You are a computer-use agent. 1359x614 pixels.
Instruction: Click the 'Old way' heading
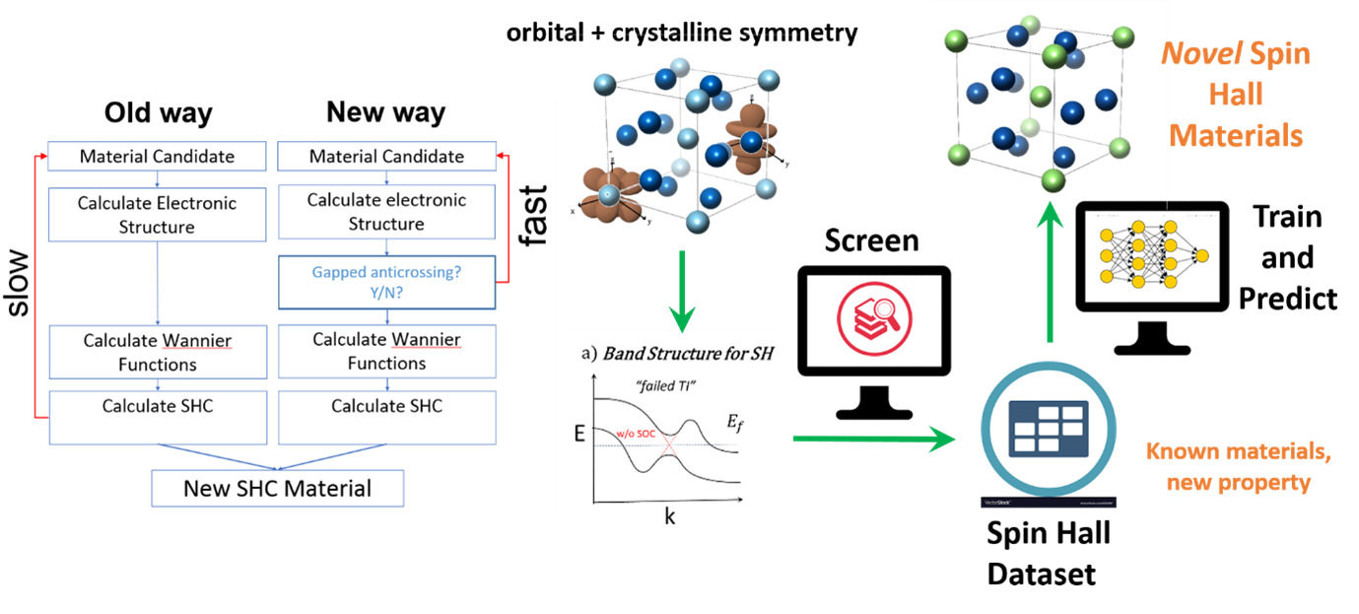pos(158,112)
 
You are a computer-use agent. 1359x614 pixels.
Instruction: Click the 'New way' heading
pos(385,112)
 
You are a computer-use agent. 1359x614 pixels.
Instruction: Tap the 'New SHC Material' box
pos(277,488)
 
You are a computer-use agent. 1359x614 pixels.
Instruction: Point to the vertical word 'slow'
pos(19,282)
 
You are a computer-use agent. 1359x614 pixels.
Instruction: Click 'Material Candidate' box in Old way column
pos(158,156)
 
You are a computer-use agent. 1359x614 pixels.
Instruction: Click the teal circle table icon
pos(1049,430)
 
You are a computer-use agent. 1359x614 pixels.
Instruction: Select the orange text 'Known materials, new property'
pos(1238,467)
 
